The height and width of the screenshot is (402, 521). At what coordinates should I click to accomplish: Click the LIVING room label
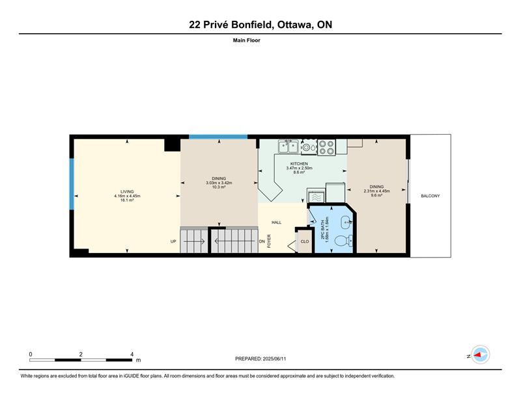pyautogui.click(x=127, y=191)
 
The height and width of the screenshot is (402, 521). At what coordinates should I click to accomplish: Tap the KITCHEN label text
pyautogui.click(x=299, y=164)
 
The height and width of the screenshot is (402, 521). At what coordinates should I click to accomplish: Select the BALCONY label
pyautogui.click(x=430, y=196)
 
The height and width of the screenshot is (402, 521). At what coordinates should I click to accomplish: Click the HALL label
pyautogui.click(x=276, y=222)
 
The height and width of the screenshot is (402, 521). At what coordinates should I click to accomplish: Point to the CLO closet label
pyautogui.click(x=305, y=241)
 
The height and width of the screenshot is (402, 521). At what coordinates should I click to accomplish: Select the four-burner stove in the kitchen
pyautogui.click(x=326, y=148)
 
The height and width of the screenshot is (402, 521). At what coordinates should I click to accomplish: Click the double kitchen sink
pyautogui.click(x=288, y=146)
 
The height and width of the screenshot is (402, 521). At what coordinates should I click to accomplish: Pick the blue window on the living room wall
pyautogui.click(x=72, y=184)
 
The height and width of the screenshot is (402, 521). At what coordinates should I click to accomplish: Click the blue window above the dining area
pyautogui.click(x=218, y=137)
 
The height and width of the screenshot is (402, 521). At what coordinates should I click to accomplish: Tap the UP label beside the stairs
pyautogui.click(x=173, y=241)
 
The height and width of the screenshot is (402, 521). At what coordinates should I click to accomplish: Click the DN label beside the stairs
pyautogui.click(x=262, y=241)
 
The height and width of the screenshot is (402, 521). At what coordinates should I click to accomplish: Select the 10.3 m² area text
pyautogui.click(x=219, y=187)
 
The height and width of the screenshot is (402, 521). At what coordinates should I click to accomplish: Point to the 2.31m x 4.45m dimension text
pyautogui.click(x=376, y=191)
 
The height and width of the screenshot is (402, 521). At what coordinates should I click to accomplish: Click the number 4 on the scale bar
pyautogui.click(x=132, y=355)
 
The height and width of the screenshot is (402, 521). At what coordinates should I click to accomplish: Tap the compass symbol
pyautogui.click(x=481, y=355)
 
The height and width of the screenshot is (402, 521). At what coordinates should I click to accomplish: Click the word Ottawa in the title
pyautogui.click(x=296, y=25)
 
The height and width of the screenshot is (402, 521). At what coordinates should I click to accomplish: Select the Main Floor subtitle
pyautogui.click(x=247, y=40)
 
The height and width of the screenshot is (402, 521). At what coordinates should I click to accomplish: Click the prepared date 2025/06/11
pyautogui.click(x=274, y=358)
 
